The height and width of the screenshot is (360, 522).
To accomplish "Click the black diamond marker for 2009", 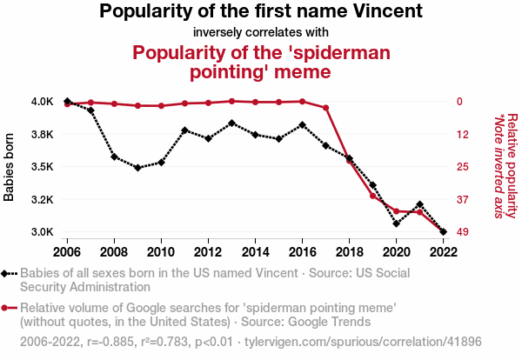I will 137,168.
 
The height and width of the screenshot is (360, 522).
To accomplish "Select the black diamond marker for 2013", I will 231,123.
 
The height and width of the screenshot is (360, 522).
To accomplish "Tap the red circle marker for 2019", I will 372,196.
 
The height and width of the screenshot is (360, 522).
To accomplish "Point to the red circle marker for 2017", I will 325,108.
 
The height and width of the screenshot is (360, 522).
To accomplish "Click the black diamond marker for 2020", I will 396,223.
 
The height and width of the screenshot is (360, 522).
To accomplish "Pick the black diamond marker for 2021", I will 419,204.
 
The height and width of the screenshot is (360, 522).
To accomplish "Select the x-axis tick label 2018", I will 349,252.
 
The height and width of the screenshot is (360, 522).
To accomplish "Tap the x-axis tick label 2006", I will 67,252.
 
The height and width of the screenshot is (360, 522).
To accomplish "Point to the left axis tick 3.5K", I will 41,167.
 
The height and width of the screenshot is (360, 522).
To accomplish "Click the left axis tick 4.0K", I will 41,102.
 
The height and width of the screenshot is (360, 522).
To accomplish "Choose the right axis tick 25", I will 463,167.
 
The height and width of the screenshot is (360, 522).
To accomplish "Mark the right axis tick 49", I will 463,232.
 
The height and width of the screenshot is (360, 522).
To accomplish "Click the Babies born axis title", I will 10,167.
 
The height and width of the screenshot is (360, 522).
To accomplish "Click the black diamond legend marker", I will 7,273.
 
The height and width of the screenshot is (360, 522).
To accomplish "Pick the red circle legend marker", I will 7,307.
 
